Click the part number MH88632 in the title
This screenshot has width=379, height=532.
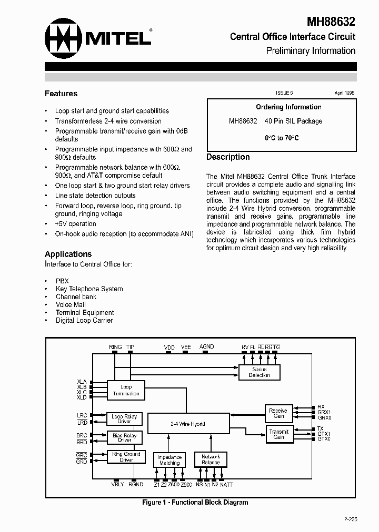(x=331, y=22)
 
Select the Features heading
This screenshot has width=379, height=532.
(x=61, y=94)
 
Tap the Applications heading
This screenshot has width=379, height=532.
(x=68, y=254)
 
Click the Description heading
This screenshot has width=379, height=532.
(x=228, y=157)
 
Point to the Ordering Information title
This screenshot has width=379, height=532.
(x=288, y=107)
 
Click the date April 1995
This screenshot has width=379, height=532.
(x=345, y=93)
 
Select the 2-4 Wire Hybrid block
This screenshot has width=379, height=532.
(x=188, y=424)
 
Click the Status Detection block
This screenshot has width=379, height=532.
(x=259, y=372)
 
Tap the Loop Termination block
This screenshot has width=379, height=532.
(x=126, y=390)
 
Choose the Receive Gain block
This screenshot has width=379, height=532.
(x=278, y=413)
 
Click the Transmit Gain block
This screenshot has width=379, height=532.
(x=278, y=434)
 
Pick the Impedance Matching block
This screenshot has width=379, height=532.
(x=169, y=460)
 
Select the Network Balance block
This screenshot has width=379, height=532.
(x=211, y=460)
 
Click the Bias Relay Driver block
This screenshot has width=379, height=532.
(x=124, y=438)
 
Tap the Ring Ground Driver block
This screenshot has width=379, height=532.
(x=126, y=457)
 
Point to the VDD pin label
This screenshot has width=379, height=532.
(x=169, y=348)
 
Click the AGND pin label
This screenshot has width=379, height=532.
(x=206, y=347)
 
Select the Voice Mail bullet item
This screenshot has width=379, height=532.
(x=71, y=304)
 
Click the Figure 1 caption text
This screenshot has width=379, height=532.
(x=195, y=503)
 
